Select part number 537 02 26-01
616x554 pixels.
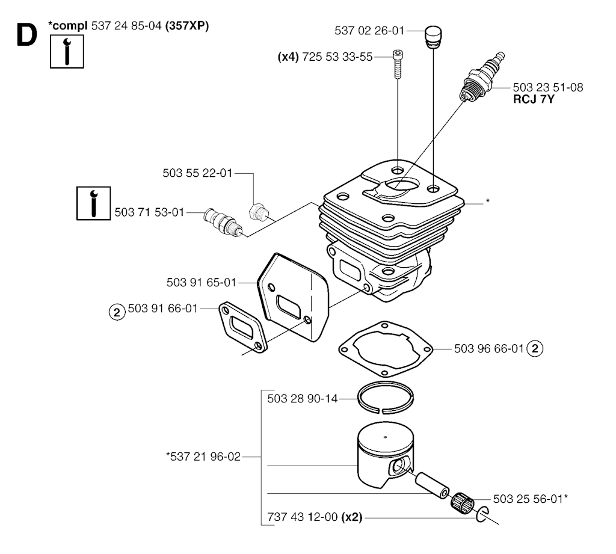pyautogui.click(x=369, y=31)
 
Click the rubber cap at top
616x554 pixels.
pyautogui.click(x=433, y=37)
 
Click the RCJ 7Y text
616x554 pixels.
pyautogui.click(x=534, y=99)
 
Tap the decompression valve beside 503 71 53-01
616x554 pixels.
pyautogui.click(x=223, y=223)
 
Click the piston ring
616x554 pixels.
pyautogui.click(x=386, y=398)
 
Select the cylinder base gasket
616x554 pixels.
pyautogui.click(x=386, y=349)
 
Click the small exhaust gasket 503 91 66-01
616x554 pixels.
pyautogui.click(x=243, y=328)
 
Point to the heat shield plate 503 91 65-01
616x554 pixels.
pyautogui.click(x=293, y=297)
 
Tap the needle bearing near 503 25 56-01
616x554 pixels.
pyautogui.click(x=462, y=502)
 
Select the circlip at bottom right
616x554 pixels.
pyautogui.click(x=482, y=515)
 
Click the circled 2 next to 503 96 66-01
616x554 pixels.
pyautogui.click(x=535, y=348)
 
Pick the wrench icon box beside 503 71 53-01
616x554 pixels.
pyautogui.click(x=93, y=203)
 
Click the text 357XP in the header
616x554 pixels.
pyautogui.click(x=187, y=26)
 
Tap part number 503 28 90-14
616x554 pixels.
pyautogui.click(x=302, y=399)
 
